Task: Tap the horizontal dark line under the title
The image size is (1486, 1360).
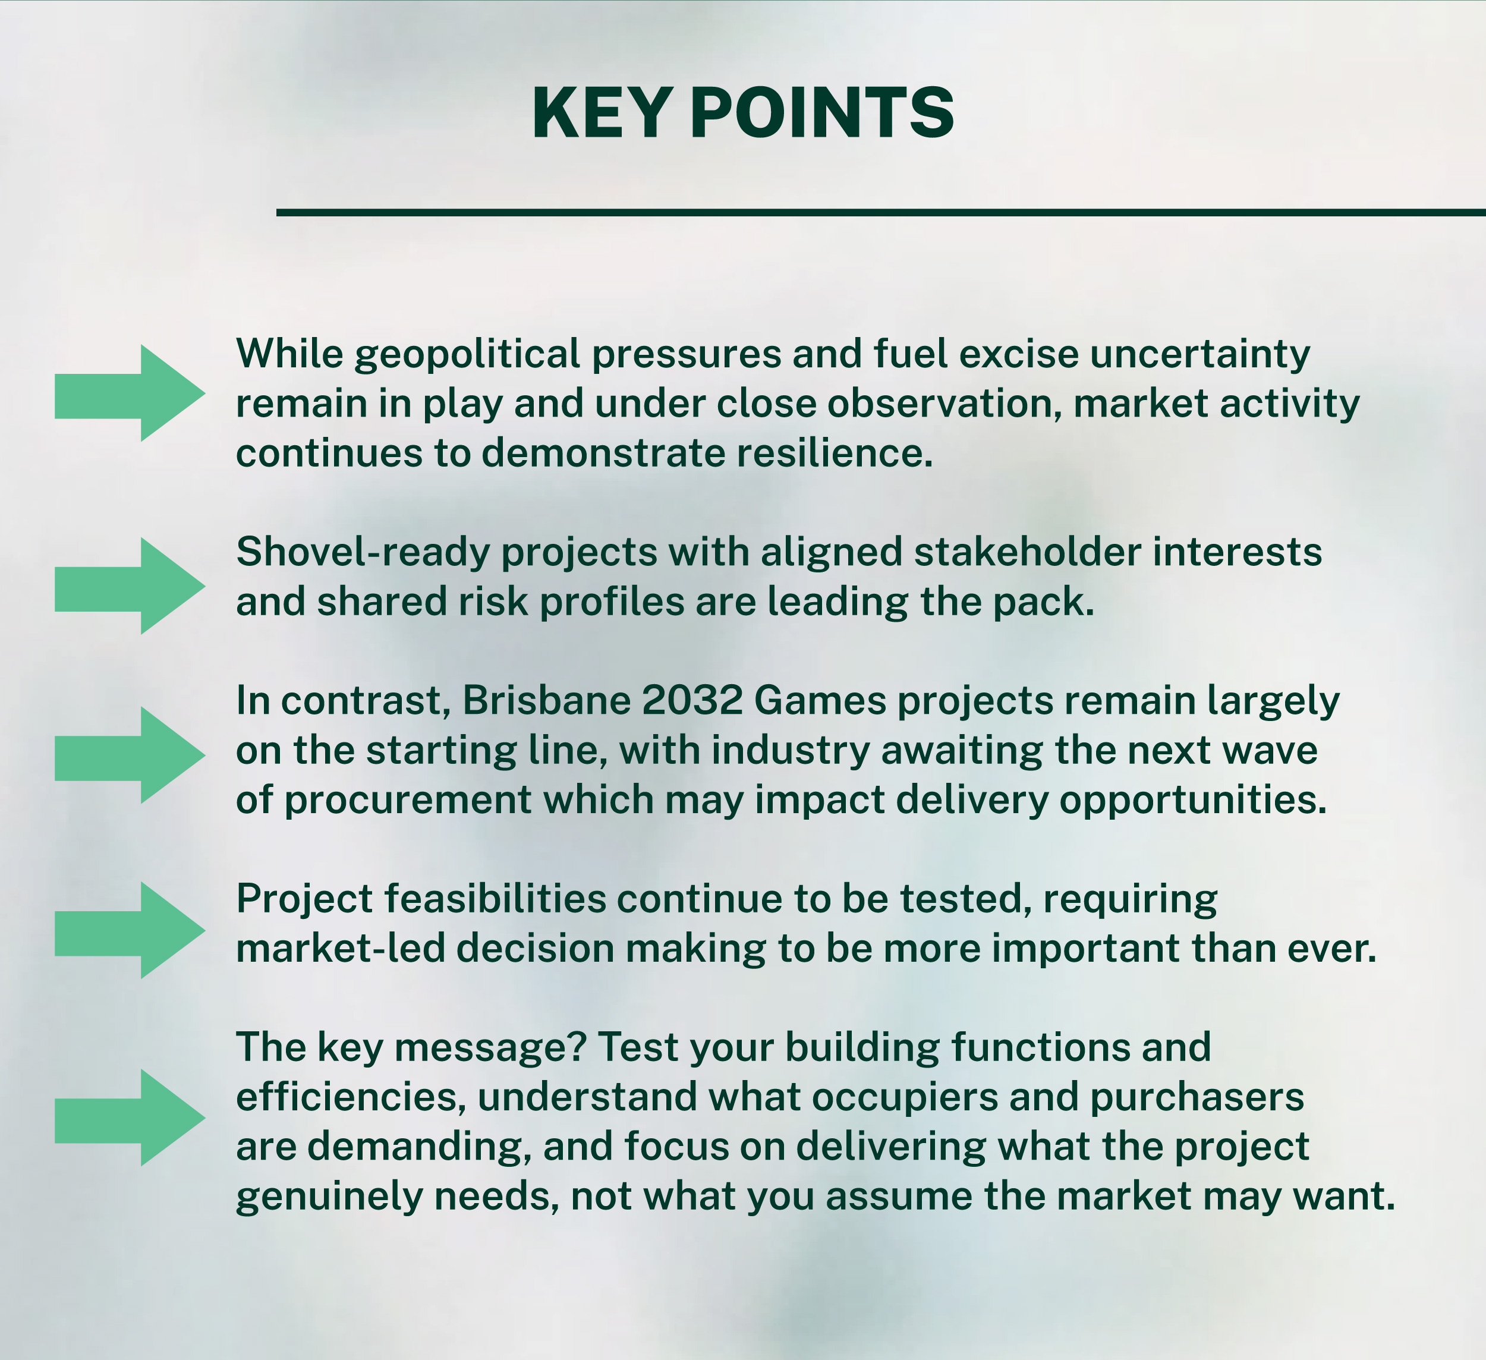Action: [x=881, y=212]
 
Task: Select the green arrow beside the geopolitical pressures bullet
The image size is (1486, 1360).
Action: [x=130, y=393]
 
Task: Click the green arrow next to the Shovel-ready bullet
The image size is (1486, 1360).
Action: [x=130, y=586]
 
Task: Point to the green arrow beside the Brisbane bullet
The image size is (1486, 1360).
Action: [x=130, y=755]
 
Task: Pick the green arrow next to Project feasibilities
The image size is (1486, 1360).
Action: [x=130, y=930]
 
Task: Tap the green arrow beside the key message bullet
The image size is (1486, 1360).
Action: [x=130, y=1117]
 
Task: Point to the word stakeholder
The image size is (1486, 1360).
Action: [x=1028, y=552]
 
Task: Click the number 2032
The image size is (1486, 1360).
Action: [x=692, y=701]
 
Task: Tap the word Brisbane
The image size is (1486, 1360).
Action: [x=546, y=700]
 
